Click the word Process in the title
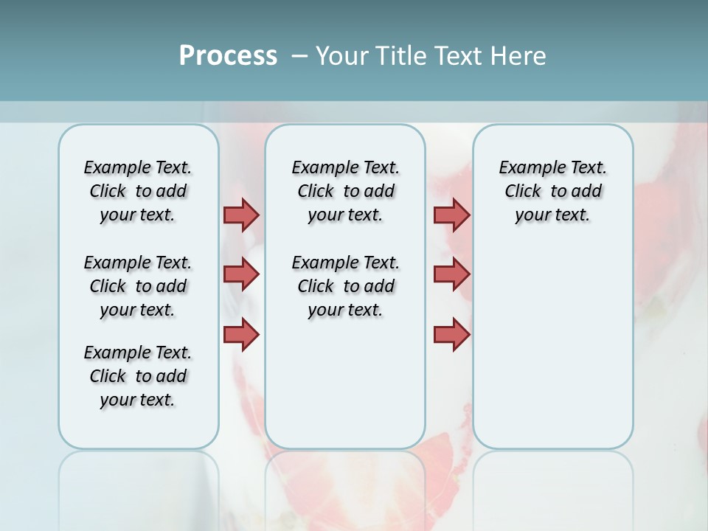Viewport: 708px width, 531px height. (228, 56)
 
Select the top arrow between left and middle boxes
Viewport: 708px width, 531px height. (241, 215)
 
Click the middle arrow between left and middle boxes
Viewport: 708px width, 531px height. (241, 274)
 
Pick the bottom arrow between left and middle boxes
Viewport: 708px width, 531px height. (241, 334)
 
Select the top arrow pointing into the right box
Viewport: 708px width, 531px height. (451, 215)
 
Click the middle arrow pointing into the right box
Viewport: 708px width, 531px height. (451, 274)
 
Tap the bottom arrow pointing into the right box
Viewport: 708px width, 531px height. (451, 334)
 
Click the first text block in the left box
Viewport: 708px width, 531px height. (138, 191)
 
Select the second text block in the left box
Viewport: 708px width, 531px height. (138, 286)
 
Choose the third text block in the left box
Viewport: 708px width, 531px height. (138, 376)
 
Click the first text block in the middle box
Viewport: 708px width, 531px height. (345, 191)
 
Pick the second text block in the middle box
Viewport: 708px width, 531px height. (345, 286)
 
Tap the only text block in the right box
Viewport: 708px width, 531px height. (552, 191)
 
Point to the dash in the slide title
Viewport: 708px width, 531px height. (299, 56)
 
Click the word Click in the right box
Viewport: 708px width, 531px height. (523, 192)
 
